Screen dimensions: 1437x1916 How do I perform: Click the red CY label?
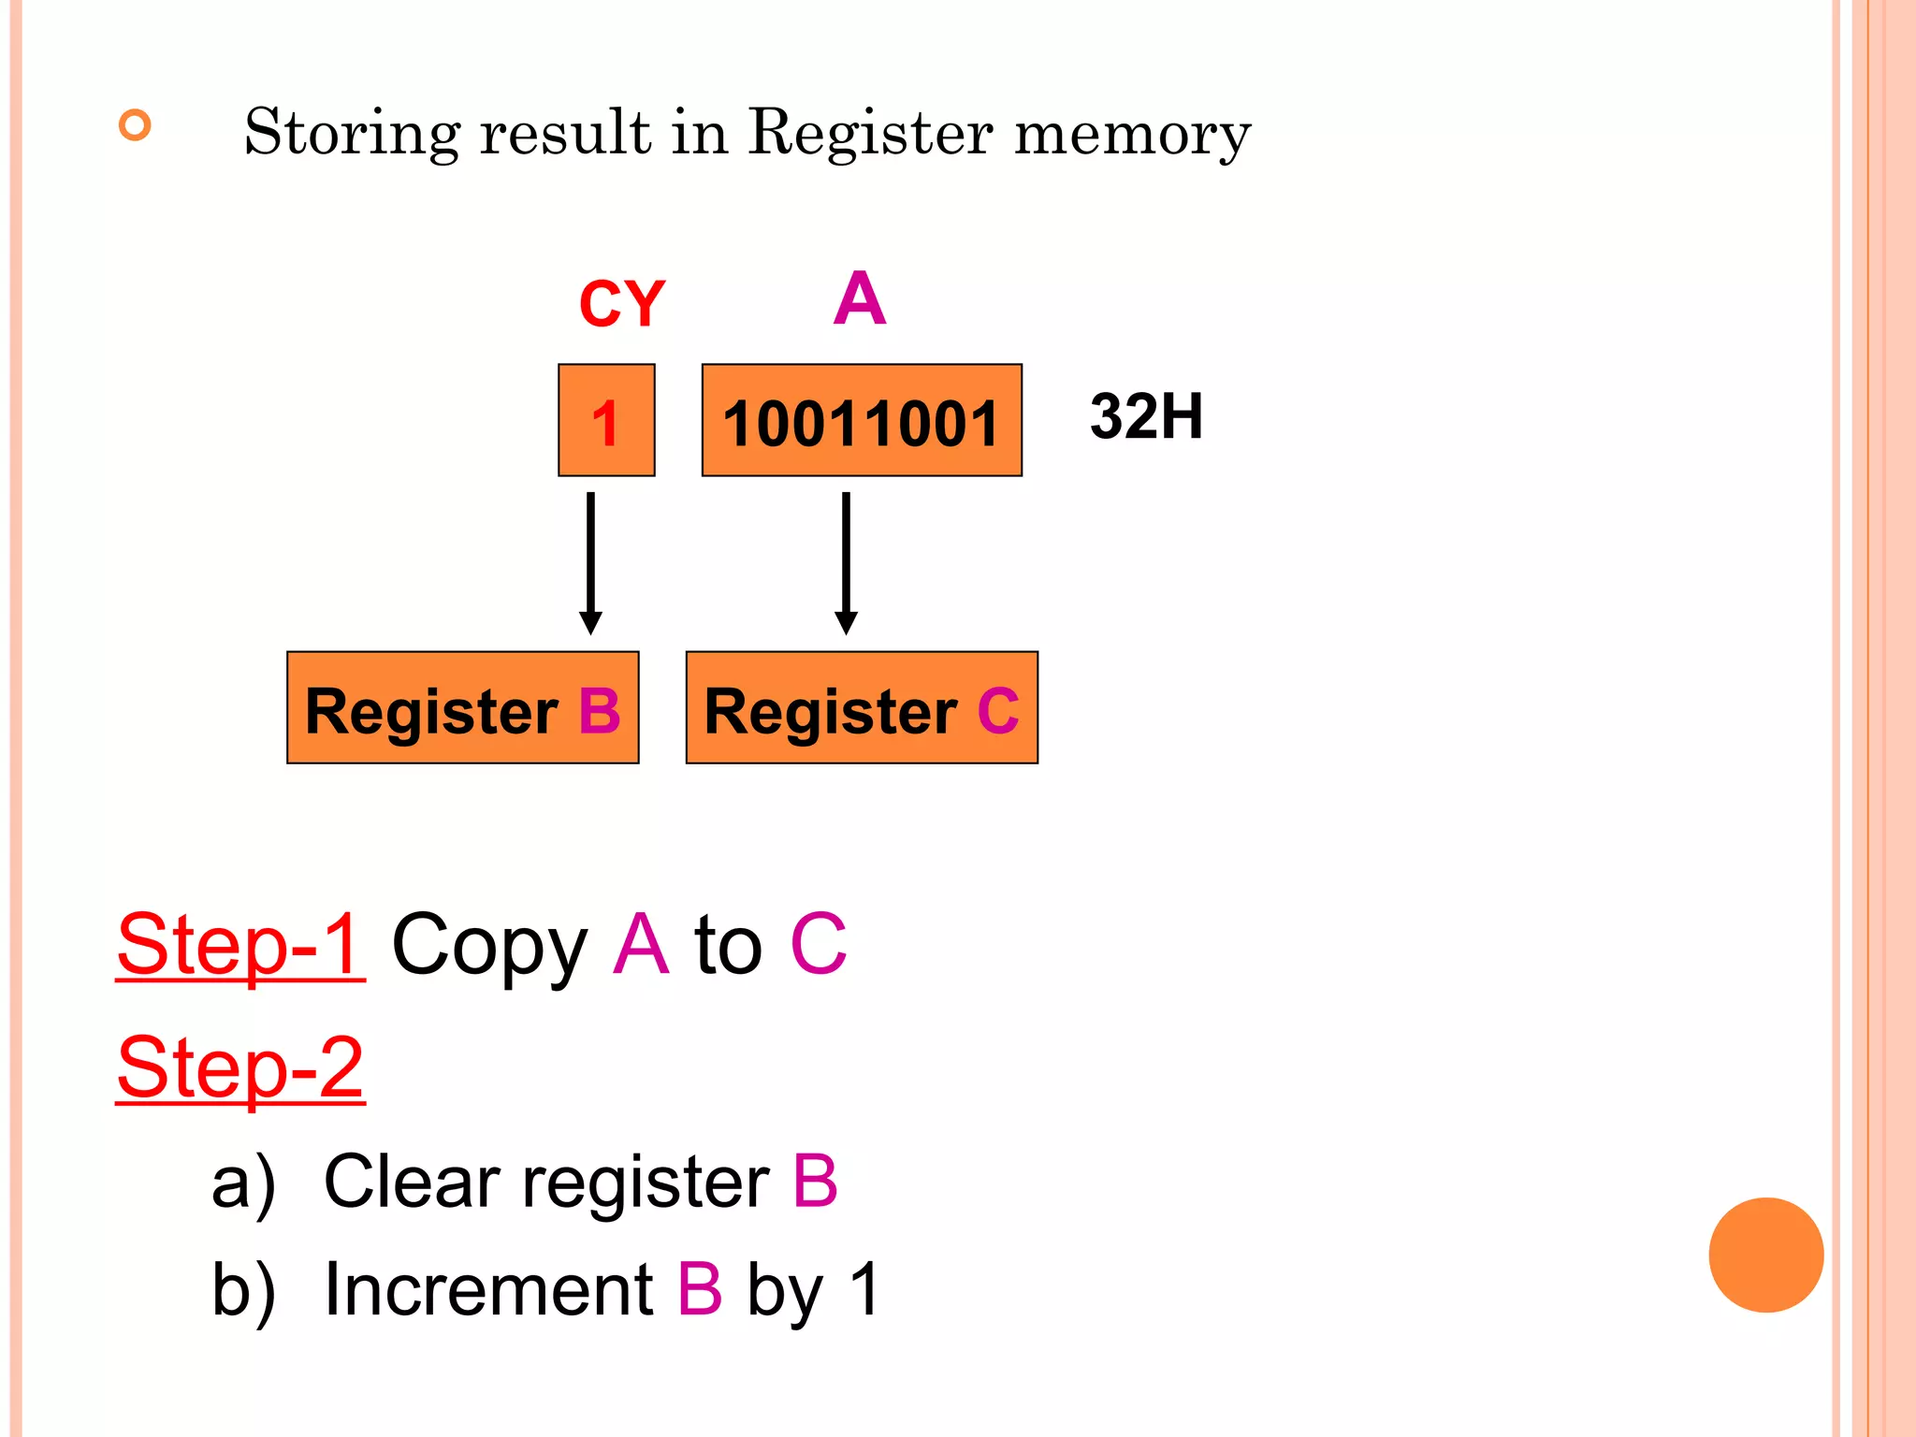[621, 304]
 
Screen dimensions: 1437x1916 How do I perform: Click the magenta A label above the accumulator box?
[859, 299]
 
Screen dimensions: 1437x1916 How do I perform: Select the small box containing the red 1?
[606, 421]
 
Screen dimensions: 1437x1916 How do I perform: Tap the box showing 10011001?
[862, 421]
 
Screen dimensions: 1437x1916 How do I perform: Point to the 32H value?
[1146, 416]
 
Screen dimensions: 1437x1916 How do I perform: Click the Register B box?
[463, 708]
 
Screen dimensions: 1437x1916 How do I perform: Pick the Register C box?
[862, 708]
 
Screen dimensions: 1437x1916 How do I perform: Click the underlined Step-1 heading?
[240, 945]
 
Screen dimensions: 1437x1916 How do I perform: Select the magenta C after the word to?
[819, 945]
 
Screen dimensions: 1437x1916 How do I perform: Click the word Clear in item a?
[412, 1182]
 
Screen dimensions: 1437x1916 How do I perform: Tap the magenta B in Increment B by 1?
[700, 1289]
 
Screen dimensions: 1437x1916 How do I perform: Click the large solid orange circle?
[1765, 1255]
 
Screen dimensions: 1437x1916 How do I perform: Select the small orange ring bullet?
[136, 125]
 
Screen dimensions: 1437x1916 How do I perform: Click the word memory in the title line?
[1132, 133]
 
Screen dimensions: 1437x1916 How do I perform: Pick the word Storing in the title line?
[352, 133]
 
